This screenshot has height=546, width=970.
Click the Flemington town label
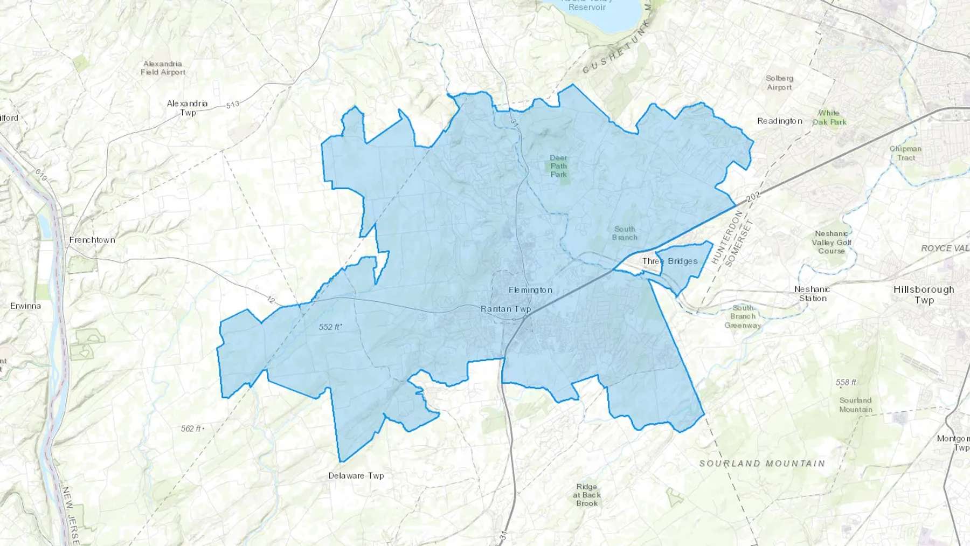[530, 290]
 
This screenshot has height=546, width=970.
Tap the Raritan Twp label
[505, 309]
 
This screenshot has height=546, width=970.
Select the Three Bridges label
[670, 261]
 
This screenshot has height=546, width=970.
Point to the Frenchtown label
[92, 240]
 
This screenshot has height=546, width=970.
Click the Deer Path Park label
[559, 166]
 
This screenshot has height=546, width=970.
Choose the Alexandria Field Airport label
[163, 68]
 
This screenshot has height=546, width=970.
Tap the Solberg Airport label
[779, 82]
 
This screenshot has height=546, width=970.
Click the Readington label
[780, 121]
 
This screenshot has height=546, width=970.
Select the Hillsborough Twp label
[924, 294]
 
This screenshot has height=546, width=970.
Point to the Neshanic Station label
[813, 294]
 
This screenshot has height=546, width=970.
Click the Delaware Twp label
[356, 476]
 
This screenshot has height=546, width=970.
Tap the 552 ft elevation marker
[330, 327]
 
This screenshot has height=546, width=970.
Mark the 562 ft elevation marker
[192, 428]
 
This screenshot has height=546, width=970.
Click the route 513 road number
[232, 104]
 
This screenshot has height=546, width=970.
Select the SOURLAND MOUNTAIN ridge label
[762, 464]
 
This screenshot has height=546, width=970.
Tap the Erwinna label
[25, 306]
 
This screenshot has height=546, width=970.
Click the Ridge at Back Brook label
[587, 495]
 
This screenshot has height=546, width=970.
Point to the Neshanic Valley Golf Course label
[832, 242]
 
